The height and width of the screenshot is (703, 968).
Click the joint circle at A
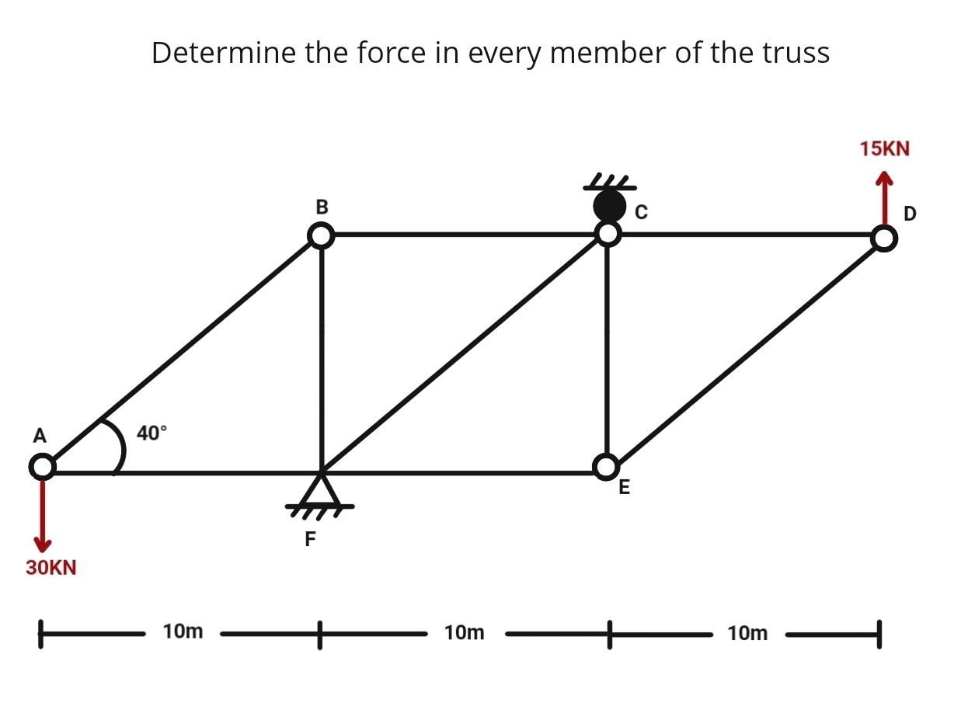click(43, 467)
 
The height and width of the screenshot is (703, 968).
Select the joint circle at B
click(321, 235)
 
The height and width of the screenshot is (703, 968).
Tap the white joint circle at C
click(608, 233)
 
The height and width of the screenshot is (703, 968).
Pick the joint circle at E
click(606, 466)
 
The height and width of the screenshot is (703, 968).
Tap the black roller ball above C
click(609, 206)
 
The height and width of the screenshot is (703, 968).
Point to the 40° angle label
click(151, 433)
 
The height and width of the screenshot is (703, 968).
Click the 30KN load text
click(51, 568)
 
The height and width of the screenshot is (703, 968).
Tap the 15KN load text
click(884, 148)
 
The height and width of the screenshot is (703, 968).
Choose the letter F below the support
click(311, 539)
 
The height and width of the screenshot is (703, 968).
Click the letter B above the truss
click(322, 207)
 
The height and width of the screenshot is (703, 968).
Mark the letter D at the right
click(910, 213)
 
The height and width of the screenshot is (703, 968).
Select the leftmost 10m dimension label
click(183, 632)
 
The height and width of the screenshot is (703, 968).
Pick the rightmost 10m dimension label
click(747, 633)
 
